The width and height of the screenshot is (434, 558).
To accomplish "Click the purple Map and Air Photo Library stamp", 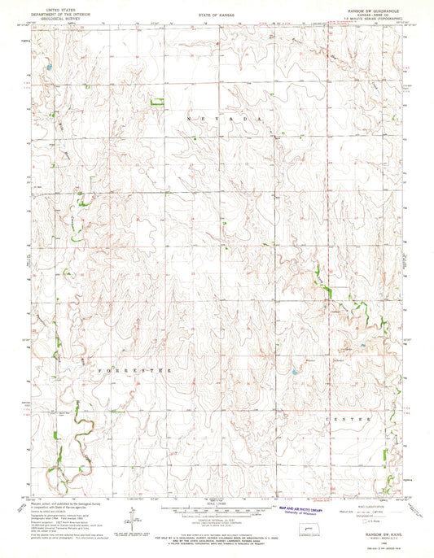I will tap(300, 511).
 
